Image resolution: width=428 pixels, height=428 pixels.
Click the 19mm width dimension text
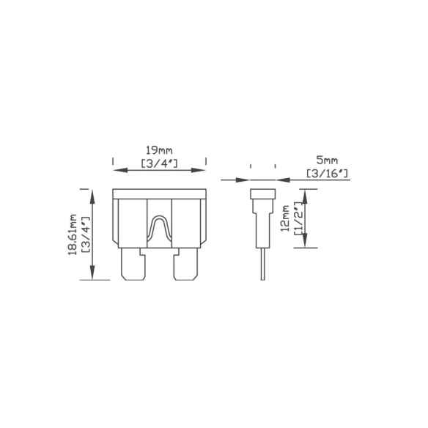point(159,150)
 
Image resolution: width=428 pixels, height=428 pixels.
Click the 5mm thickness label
point(328,159)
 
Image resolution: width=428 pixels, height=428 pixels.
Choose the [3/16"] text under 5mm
point(328,173)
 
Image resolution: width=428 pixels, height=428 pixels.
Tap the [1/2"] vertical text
point(298,218)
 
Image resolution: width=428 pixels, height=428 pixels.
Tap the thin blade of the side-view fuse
point(262,264)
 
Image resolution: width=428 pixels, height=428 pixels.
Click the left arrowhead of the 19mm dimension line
point(117,170)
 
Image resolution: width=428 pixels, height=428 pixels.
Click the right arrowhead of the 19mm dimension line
point(200,170)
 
